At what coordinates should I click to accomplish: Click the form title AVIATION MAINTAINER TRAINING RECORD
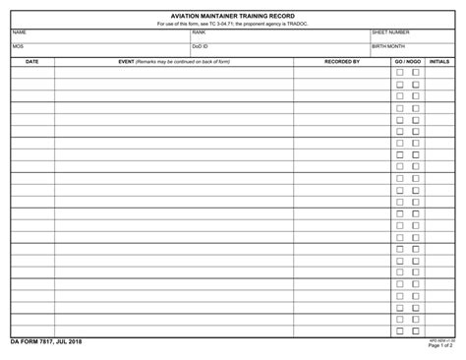[x=232, y=16]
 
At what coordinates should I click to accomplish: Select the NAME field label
[x=19, y=32]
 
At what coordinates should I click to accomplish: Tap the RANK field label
[x=199, y=32]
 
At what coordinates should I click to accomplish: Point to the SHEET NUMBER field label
[x=390, y=32]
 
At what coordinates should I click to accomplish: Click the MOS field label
[x=18, y=46]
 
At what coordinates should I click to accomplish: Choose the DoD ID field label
[x=200, y=46]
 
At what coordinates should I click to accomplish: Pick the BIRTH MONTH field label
[x=388, y=46]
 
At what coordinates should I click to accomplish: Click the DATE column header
[x=31, y=61]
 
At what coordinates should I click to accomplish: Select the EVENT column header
[x=173, y=61]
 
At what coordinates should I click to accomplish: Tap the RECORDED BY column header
[x=341, y=61]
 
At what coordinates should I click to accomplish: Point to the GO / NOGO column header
[x=407, y=61]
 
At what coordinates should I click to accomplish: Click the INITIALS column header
[x=439, y=61]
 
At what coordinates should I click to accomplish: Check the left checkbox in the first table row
[x=400, y=72]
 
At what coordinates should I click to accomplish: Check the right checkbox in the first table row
[x=416, y=72]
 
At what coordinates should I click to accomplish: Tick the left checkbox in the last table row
[x=400, y=331]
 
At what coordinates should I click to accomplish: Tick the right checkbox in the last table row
[x=416, y=331]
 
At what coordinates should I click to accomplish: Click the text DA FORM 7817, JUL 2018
[x=46, y=341]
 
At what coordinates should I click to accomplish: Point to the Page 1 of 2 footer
[x=440, y=346]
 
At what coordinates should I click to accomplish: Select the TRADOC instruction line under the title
[x=232, y=24]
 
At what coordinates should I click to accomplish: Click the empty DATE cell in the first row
[x=31, y=72]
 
